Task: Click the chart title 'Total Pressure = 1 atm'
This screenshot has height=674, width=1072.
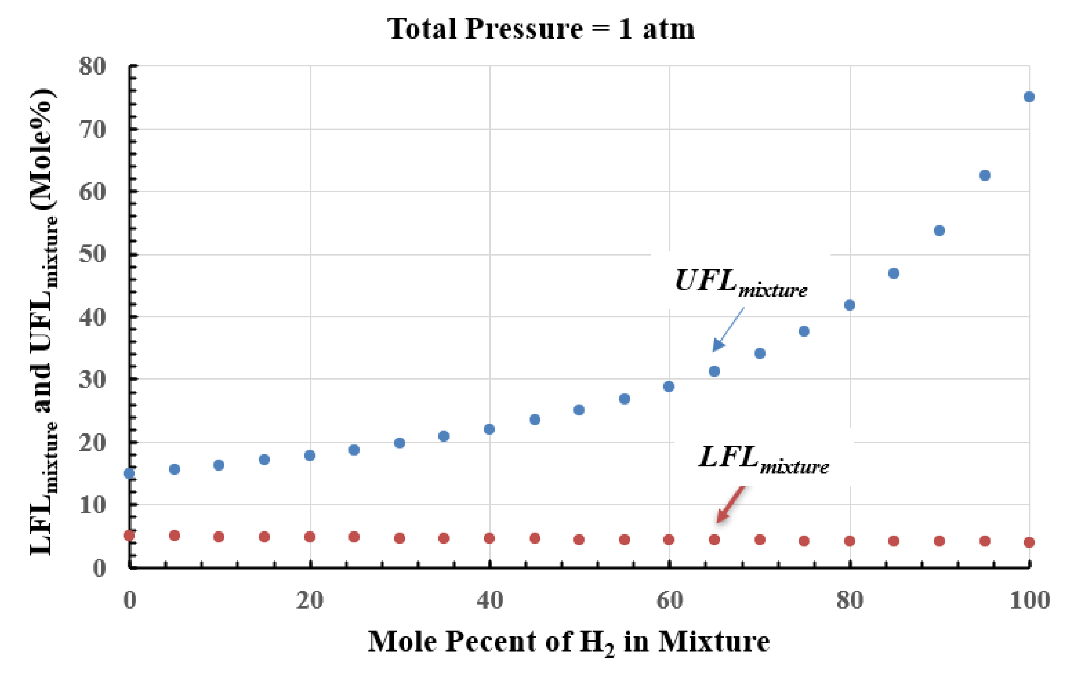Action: [540, 29]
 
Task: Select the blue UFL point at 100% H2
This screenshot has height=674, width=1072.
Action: [1029, 97]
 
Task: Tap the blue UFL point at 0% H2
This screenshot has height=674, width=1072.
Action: [129, 473]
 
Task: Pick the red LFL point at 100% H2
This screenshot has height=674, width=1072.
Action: [1029, 542]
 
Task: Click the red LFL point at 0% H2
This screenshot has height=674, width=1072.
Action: [129, 535]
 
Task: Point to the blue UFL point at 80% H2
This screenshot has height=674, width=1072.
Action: [849, 305]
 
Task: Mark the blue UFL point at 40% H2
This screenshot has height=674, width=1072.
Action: [489, 429]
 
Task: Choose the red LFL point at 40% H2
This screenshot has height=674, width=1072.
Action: [489, 538]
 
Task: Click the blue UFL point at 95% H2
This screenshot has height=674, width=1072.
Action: [985, 176]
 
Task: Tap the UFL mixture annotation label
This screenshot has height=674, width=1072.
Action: [741, 283]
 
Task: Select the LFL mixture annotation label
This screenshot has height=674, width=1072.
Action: [763, 460]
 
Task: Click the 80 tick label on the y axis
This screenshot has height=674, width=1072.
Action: [93, 67]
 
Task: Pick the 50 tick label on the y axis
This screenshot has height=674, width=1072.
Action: [93, 255]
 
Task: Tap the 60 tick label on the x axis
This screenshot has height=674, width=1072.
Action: [669, 601]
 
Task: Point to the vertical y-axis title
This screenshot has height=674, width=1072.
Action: [43, 323]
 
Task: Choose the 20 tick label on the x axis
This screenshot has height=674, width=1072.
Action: [310, 601]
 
